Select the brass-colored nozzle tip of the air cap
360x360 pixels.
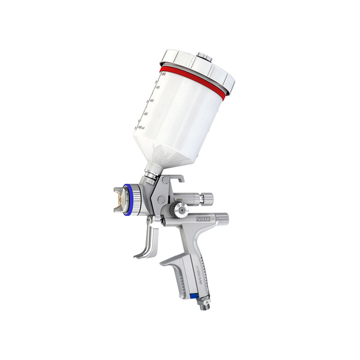(117, 197)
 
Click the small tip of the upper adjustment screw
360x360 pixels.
(211, 197)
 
